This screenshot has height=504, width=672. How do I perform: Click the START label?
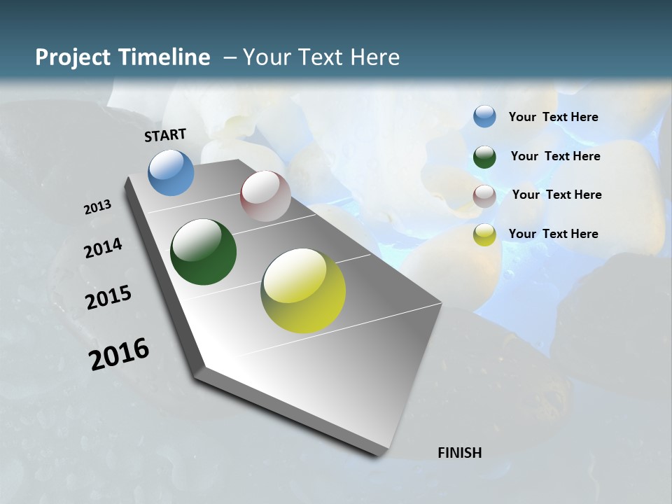pos(165,134)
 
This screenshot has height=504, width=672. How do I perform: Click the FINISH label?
pos(459,452)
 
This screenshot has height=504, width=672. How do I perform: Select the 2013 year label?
pos(97,207)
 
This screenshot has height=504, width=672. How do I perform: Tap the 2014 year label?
pos(103,248)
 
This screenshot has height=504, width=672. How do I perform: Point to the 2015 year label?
pos(108,297)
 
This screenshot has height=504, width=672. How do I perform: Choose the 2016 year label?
pos(119,353)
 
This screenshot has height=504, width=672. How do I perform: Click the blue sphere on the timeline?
pos(171,172)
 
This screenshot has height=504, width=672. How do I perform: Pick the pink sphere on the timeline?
pos(265,196)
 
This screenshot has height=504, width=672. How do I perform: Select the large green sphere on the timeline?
pos(203,252)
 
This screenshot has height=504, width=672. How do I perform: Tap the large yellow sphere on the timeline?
pos(303,290)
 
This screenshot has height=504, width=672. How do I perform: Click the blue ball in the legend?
pos(484,116)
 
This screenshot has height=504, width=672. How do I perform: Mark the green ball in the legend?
pos(484,157)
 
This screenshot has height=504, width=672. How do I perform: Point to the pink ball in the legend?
pos(484,196)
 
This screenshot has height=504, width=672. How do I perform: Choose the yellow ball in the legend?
pos(484,234)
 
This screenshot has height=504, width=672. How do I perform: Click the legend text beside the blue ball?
pos(553,117)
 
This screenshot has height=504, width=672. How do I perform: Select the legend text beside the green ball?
pos(555,156)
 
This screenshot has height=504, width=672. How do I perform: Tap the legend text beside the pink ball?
pos(556,195)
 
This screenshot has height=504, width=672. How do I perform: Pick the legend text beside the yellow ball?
pos(553,234)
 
